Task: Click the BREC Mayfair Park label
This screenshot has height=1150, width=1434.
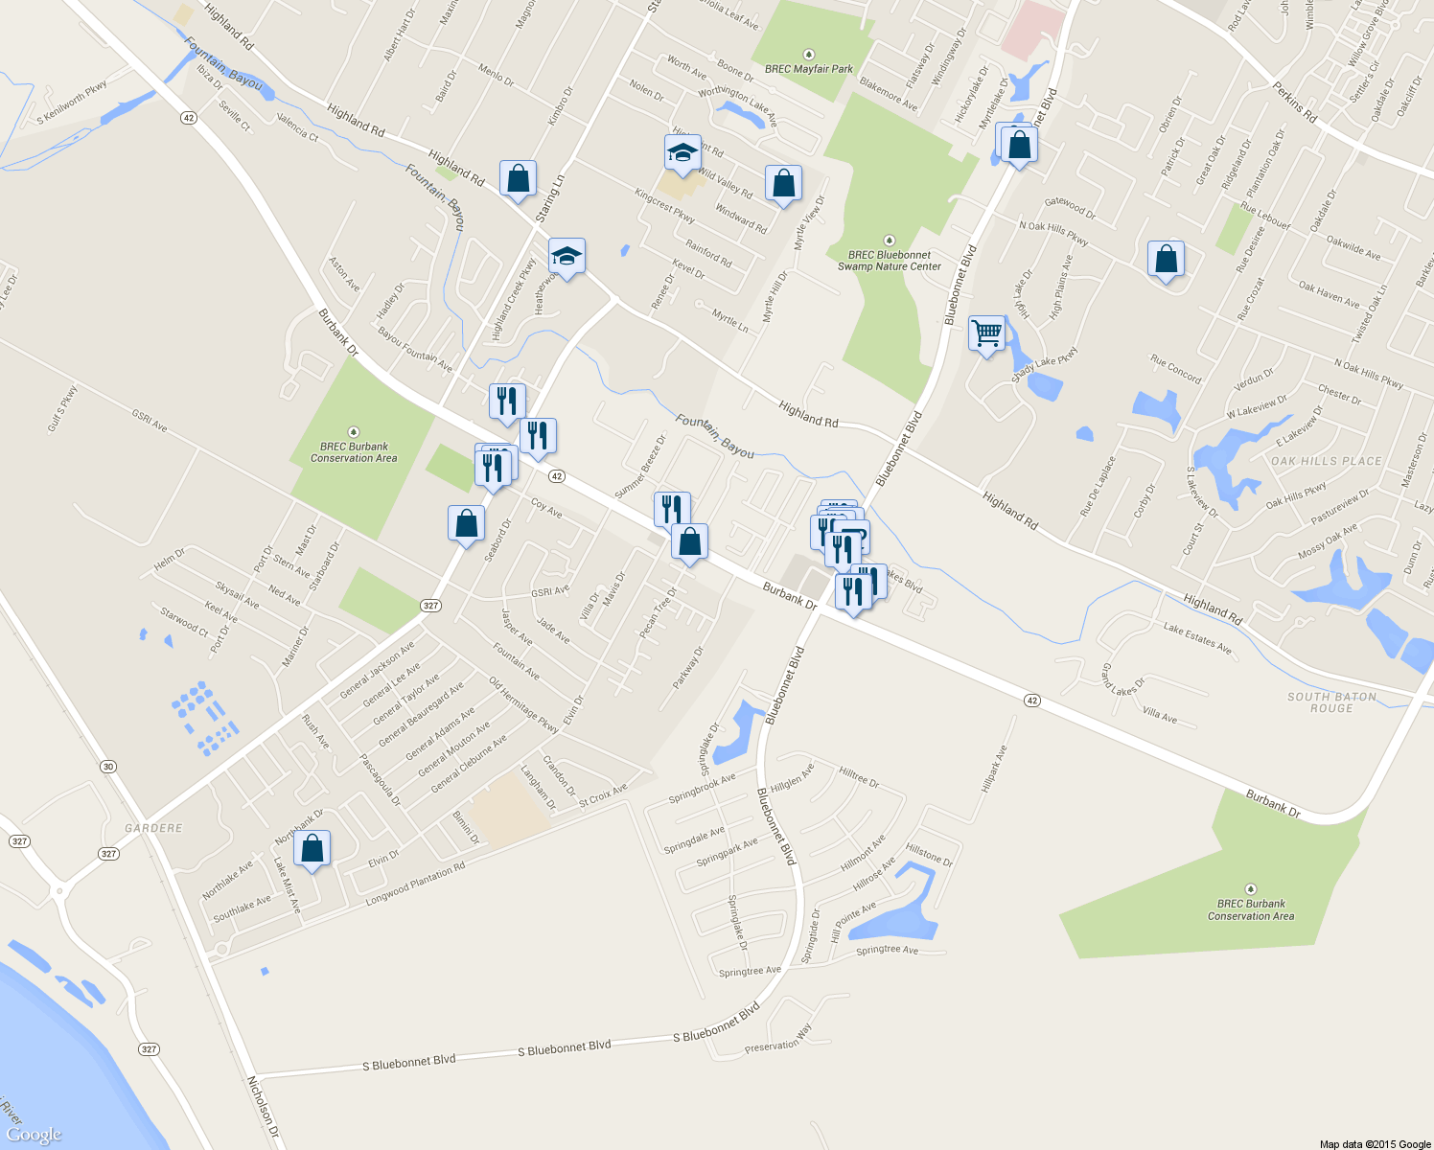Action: click(x=808, y=69)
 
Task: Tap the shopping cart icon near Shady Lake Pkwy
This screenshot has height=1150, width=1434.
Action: click(x=986, y=334)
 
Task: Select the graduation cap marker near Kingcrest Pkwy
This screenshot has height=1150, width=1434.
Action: click(x=682, y=153)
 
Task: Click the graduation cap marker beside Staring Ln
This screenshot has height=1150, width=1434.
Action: click(x=567, y=257)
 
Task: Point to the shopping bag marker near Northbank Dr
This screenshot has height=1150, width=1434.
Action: click(x=312, y=849)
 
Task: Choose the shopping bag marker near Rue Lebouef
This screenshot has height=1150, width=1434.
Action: click(x=1166, y=259)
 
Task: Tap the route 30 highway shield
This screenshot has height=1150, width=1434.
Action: click(x=108, y=767)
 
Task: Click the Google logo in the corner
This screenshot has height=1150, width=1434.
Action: click(x=34, y=1135)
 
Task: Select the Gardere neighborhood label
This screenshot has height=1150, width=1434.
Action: click(x=153, y=828)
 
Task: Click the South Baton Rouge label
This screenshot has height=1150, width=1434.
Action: click(x=1331, y=702)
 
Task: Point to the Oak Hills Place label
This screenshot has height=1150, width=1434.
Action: click(x=1327, y=461)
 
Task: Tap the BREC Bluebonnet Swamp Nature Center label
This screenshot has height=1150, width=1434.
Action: click(x=889, y=261)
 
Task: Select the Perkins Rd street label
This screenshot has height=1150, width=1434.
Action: click(x=1295, y=103)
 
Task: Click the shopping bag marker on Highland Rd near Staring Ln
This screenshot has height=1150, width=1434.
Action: click(x=518, y=179)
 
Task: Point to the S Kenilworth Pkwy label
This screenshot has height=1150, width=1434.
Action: click(x=72, y=103)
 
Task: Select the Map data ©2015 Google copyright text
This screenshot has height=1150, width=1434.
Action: click(x=1375, y=1144)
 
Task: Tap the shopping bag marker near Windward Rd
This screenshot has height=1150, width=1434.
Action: click(x=783, y=184)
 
